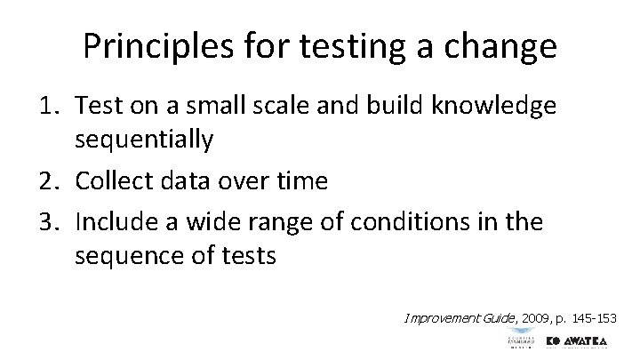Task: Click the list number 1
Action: click(x=49, y=106)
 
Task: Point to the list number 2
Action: click(x=49, y=181)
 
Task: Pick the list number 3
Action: click(x=49, y=220)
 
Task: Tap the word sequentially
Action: click(x=144, y=139)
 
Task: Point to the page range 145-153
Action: click(x=595, y=317)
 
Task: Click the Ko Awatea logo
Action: click(x=581, y=342)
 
